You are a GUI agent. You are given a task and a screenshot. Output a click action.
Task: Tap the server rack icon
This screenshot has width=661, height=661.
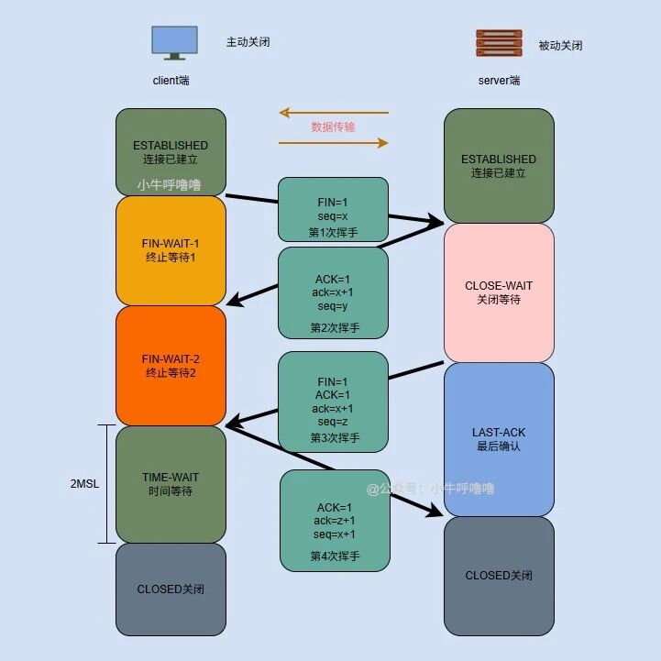tap(499, 44)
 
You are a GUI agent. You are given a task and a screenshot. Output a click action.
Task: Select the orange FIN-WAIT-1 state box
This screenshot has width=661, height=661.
tap(171, 250)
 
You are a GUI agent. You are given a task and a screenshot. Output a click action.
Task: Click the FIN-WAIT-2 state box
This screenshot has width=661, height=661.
tap(171, 365)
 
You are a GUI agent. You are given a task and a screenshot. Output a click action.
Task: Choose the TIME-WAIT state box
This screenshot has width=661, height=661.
tap(171, 484)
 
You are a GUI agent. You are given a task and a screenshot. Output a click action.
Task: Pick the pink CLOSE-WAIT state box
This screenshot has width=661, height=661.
tap(499, 292)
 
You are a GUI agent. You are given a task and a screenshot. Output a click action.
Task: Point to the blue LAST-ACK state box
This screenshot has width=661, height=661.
tap(499, 438)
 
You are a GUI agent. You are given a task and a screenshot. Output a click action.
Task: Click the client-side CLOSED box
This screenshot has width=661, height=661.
tap(171, 589)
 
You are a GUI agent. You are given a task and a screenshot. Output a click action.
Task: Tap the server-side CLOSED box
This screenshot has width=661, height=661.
tap(499, 575)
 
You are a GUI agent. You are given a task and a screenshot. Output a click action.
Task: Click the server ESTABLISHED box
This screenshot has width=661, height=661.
tap(499, 165)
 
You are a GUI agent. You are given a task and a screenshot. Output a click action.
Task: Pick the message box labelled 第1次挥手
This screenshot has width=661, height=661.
tap(334, 209)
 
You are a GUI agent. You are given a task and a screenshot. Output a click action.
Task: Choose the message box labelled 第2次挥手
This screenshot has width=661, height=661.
tap(334, 292)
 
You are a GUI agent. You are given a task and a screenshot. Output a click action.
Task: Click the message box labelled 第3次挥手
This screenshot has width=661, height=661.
tap(334, 402)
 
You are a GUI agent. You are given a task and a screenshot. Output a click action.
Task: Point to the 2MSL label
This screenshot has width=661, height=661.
tap(84, 484)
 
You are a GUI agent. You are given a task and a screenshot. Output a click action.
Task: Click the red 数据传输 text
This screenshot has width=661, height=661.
tap(333, 127)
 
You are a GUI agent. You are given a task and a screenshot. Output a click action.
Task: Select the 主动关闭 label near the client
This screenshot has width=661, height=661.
tap(248, 42)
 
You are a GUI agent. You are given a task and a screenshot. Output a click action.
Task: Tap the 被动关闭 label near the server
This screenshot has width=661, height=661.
tap(560, 45)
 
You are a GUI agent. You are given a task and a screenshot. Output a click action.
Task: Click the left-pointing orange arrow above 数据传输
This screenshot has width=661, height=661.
tap(334, 113)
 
